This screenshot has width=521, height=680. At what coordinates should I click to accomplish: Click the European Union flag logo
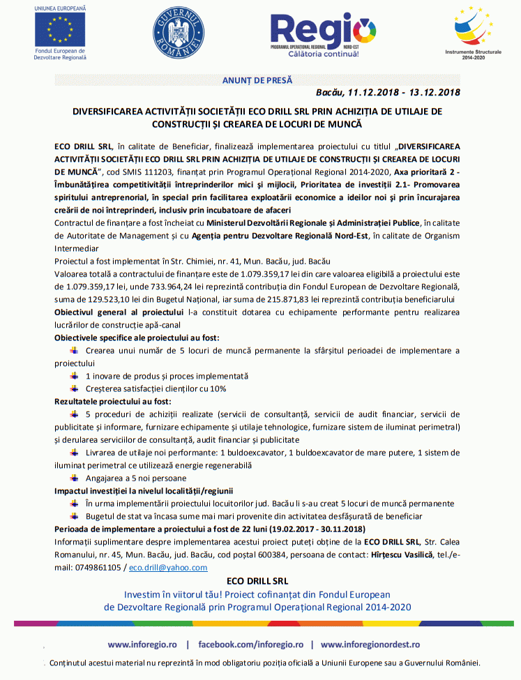tap(60, 29)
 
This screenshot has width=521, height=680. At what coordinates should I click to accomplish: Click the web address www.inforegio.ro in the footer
tap(142, 644)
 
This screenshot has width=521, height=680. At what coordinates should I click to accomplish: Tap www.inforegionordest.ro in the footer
tap(370, 644)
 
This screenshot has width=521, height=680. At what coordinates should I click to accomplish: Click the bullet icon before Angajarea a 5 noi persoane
tap(75, 478)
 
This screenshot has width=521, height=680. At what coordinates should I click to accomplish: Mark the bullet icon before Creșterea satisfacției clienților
tap(75, 388)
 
